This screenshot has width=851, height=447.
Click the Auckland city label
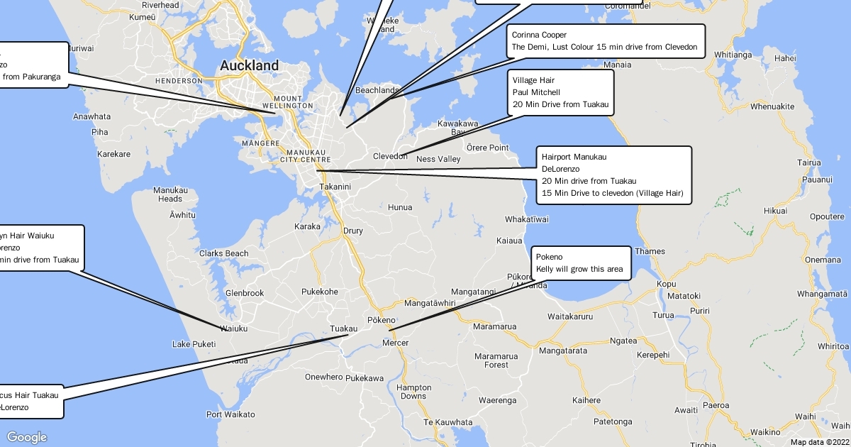tap(249, 65)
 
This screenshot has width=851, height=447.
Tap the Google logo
tap(27, 437)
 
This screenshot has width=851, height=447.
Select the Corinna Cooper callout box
tap(605, 41)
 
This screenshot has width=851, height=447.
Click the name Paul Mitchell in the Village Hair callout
tap(536, 92)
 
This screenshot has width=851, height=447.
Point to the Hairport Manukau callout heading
tap(574, 157)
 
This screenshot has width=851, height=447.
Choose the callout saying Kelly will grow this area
tap(579, 263)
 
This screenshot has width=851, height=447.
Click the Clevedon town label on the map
tap(390, 156)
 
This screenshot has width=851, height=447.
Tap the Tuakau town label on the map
tap(344, 329)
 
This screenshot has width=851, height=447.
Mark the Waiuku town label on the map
tap(234, 329)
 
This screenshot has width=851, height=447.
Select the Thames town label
tap(650, 251)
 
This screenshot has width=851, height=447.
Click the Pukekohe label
tap(320, 292)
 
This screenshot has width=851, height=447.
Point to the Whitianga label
tap(733, 55)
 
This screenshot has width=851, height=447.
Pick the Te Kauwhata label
tap(447, 423)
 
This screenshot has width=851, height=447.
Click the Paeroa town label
tap(716, 405)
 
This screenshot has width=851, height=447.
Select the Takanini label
tap(335, 187)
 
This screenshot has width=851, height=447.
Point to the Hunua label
tap(400, 207)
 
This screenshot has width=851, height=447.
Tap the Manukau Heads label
tap(171, 194)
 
